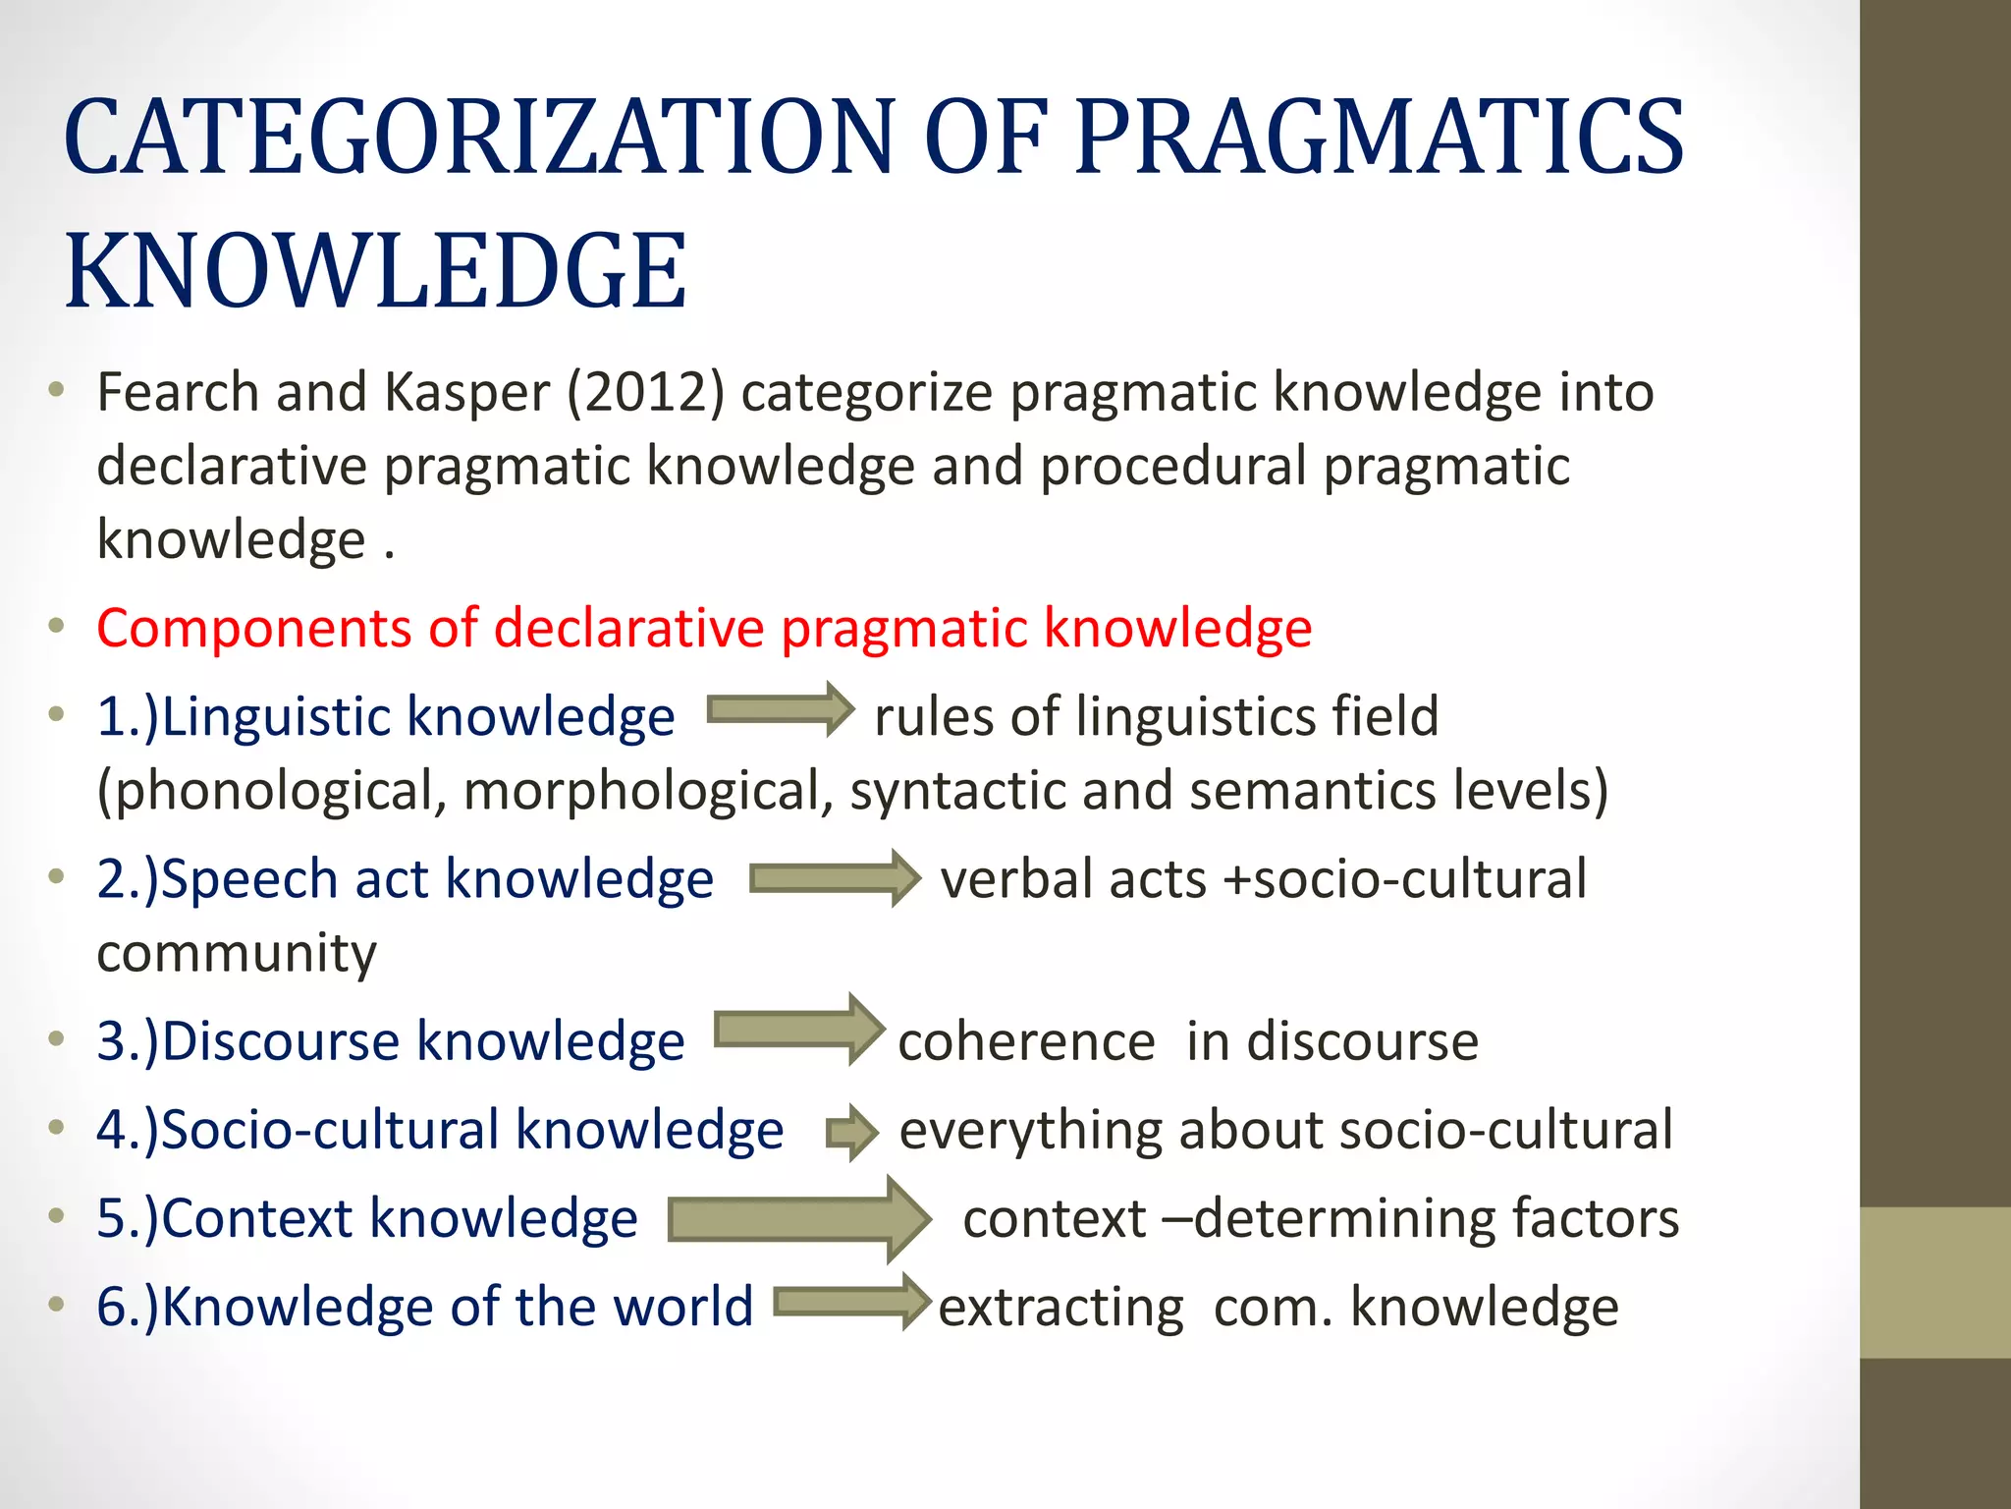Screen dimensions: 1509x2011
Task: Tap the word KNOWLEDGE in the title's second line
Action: (376, 271)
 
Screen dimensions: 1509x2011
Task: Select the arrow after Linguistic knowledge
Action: (781, 709)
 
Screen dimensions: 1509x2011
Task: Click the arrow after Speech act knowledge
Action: (835, 877)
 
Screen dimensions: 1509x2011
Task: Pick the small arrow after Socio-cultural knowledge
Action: (851, 1133)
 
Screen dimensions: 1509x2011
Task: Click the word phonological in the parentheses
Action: (271, 791)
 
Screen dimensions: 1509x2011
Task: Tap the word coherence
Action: (1026, 1041)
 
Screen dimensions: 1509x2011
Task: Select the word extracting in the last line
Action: (1060, 1308)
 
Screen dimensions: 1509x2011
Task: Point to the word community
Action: (237, 954)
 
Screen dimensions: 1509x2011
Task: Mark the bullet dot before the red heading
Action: (57, 626)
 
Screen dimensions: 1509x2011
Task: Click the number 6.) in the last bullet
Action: (128, 1308)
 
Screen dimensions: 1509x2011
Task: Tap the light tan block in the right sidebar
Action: (1935, 1282)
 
